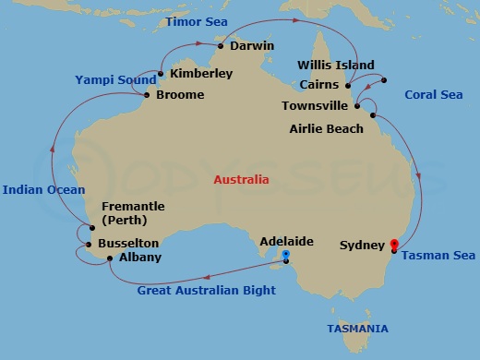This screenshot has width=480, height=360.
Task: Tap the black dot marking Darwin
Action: pos(222,43)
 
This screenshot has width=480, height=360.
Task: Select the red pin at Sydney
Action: pos(394,246)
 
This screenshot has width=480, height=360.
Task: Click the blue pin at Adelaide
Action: pos(286,256)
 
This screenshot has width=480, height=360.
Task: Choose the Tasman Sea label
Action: pos(439,256)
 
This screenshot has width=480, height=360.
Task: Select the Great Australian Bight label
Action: pos(206,291)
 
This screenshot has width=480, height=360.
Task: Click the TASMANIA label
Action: pos(357,329)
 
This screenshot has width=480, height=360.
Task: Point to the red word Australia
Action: pos(241,180)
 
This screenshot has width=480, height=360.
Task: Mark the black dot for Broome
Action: pos(147,94)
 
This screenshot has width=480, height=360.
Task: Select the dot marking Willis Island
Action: pos(383,79)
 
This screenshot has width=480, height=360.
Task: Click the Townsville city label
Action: pos(315,106)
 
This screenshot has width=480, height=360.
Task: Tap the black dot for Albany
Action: pos(110,258)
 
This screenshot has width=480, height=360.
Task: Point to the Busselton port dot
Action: pos(88,245)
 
